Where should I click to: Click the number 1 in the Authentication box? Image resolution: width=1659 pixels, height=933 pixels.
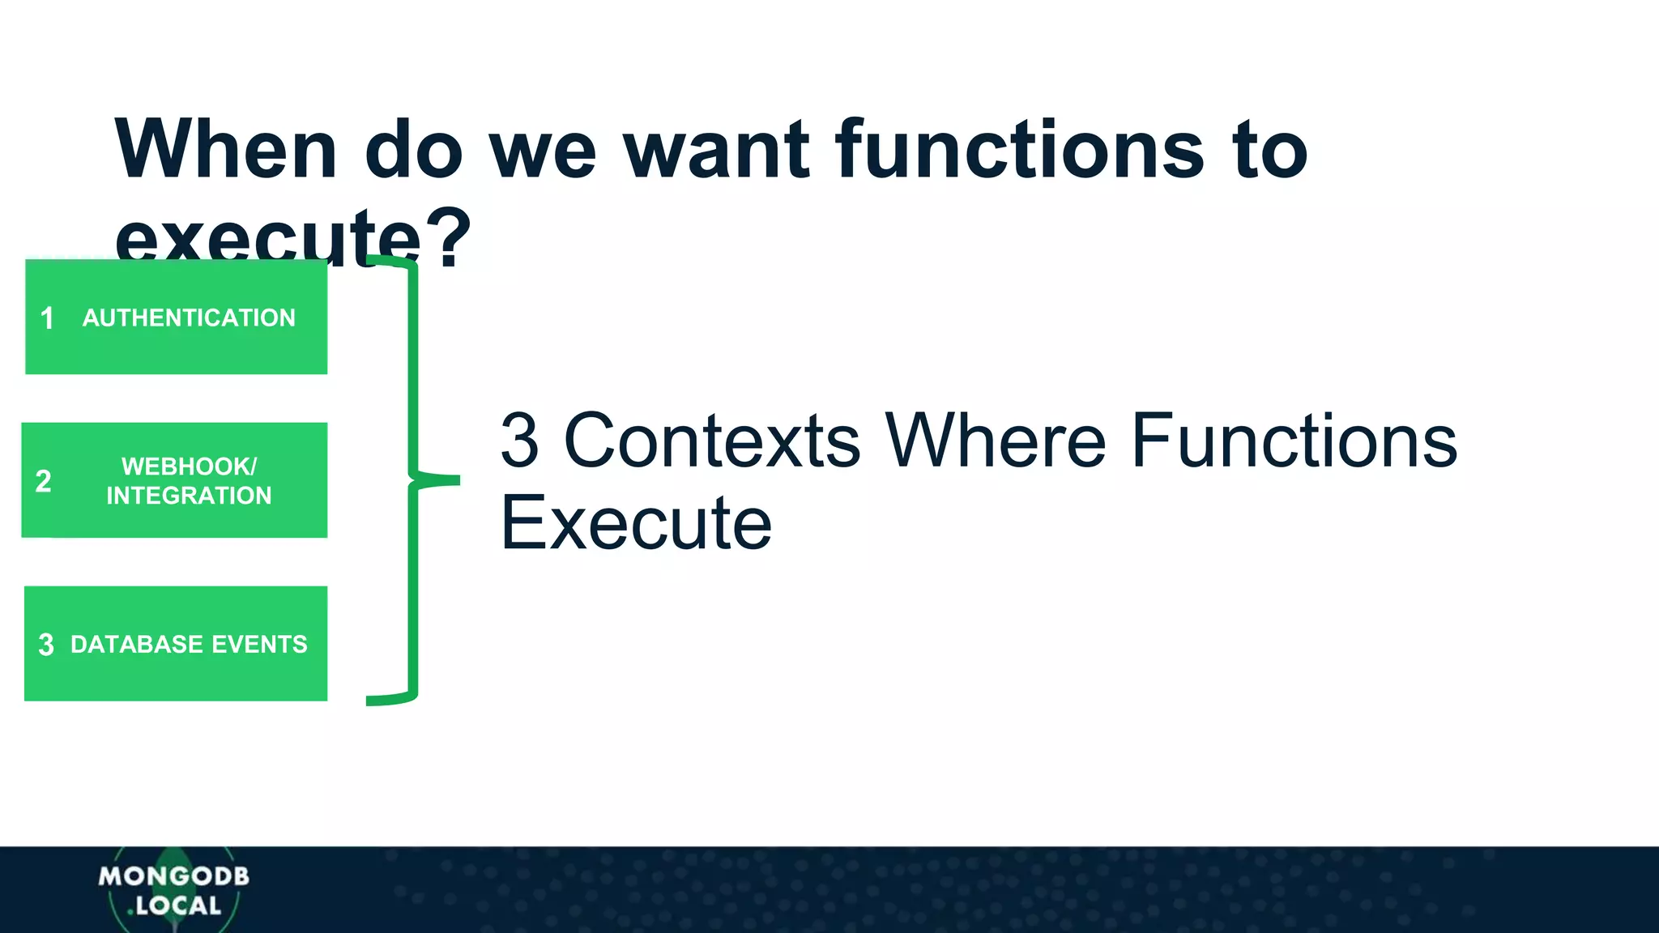(47, 318)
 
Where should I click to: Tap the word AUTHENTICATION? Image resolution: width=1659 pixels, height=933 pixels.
(189, 317)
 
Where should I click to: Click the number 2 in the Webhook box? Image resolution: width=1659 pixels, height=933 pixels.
(44, 481)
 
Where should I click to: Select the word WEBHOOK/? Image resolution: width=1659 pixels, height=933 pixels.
(189, 466)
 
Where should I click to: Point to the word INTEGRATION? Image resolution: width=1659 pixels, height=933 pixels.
(189, 496)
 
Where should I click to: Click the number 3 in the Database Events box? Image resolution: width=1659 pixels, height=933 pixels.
(46, 645)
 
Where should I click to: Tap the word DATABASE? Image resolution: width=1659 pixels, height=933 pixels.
(130, 645)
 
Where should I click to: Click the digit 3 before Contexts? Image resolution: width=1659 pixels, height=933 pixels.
(519, 441)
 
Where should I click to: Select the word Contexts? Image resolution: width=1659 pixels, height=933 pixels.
(711, 441)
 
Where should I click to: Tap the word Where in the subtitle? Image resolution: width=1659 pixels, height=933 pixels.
(995, 441)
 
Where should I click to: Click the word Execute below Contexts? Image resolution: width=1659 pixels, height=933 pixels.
(636, 523)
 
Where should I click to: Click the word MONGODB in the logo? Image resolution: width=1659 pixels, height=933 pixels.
(173, 876)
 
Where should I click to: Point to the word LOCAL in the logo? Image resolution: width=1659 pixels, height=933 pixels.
(178, 905)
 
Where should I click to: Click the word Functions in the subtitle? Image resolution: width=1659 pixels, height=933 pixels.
(1294, 441)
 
